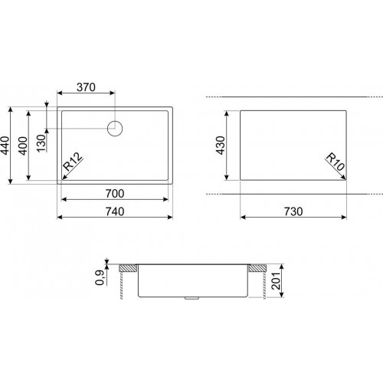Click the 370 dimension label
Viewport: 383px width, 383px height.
[86, 87]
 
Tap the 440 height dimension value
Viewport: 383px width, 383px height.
[5, 146]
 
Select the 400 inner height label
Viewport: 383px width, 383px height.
[23, 146]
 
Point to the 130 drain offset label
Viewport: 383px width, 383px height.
[41, 143]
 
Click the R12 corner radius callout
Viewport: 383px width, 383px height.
[73, 162]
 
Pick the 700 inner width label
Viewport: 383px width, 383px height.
[115, 194]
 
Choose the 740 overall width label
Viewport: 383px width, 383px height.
[115, 211]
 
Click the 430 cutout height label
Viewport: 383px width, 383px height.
[221, 146]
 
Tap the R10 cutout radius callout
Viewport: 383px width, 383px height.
[336, 162]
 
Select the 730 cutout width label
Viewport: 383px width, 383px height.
[293, 211]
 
